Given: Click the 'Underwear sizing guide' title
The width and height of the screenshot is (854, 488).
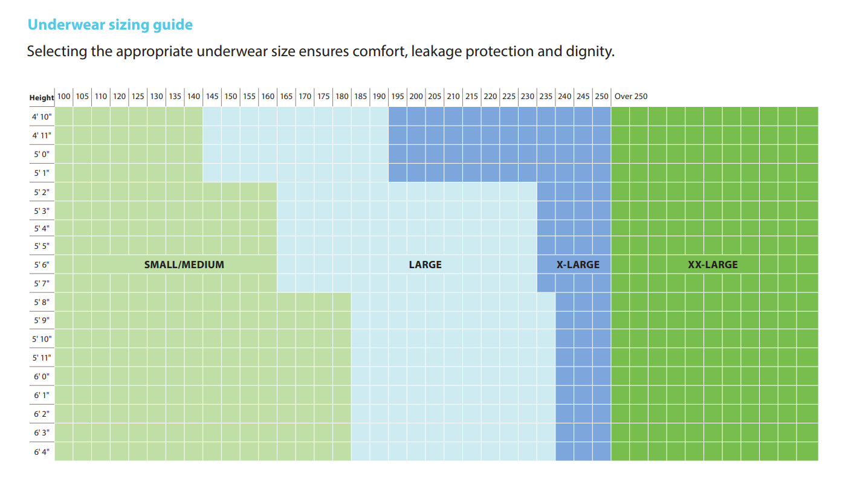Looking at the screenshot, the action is click(110, 25).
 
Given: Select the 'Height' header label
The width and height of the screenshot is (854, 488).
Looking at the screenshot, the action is click(42, 97).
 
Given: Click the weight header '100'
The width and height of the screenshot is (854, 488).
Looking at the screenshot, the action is click(63, 97).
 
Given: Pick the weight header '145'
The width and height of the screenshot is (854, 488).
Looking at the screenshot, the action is click(212, 97).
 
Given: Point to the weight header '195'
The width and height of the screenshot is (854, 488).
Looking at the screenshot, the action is click(397, 97).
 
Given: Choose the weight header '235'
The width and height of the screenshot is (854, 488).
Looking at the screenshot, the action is click(546, 97).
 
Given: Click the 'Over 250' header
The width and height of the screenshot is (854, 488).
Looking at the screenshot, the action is click(630, 97).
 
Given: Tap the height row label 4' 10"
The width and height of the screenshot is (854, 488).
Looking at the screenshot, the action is click(42, 117).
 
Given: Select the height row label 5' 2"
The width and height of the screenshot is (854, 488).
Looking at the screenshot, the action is click(42, 192).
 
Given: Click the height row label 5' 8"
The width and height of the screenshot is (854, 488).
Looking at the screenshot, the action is click(42, 303).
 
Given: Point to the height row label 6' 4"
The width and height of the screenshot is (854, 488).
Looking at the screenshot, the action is click(42, 452).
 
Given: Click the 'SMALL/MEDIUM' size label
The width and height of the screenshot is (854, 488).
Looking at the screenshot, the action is click(184, 265).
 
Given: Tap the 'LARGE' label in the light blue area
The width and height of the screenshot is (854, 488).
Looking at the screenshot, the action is click(425, 265).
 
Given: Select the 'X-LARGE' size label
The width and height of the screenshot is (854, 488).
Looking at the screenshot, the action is click(578, 265).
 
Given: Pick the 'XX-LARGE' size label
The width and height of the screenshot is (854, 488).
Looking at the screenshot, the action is click(713, 265).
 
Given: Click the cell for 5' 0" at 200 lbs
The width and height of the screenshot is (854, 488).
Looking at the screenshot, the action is click(416, 154).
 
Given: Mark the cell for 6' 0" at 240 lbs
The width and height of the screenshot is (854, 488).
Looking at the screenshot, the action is click(564, 376).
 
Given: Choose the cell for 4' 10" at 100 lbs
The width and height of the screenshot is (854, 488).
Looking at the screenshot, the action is click(63, 117).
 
